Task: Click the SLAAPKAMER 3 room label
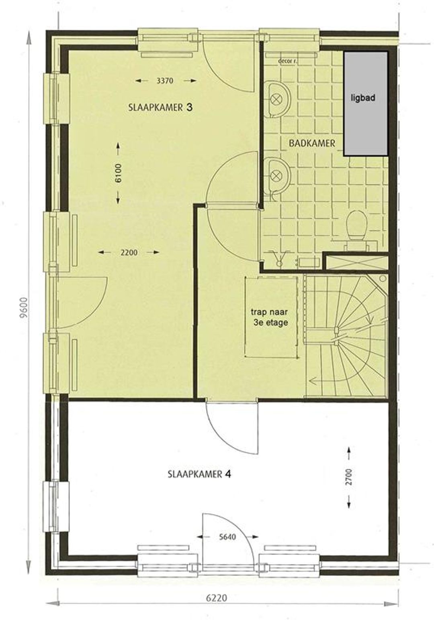click(x=160, y=108)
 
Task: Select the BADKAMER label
click(x=312, y=143)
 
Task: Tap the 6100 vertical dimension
click(x=118, y=173)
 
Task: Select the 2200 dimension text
click(x=129, y=252)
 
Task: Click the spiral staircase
click(x=346, y=336)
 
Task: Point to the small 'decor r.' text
click(x=287, y=61)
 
